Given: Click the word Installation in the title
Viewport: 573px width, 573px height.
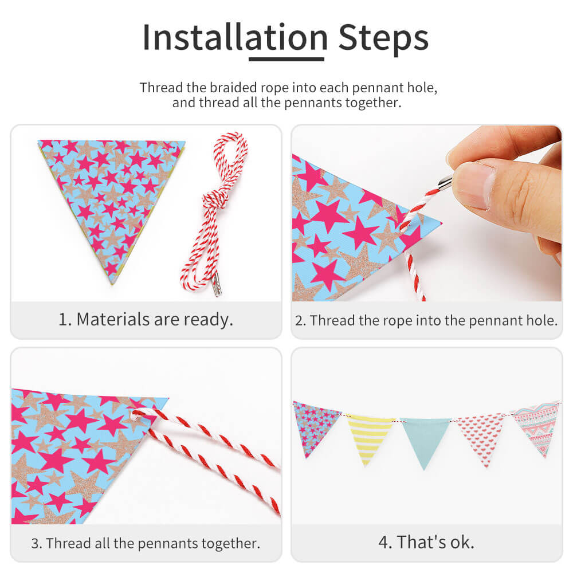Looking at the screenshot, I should (235, 37).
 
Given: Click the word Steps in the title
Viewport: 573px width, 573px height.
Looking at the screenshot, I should (383, 37).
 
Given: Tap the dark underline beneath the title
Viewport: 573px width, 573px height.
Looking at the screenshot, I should (286, 58).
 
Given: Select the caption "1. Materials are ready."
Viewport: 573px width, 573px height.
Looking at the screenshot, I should (146, 319).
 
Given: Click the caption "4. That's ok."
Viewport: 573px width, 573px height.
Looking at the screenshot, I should (426, 541).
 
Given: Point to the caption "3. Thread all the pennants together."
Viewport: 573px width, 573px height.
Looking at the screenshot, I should (146, 542).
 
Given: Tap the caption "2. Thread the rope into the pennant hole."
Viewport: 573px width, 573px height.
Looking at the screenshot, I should (426, 320).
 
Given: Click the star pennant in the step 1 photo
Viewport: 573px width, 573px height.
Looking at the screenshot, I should (112, 195).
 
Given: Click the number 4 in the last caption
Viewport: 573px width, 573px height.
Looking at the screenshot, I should (386, 541).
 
